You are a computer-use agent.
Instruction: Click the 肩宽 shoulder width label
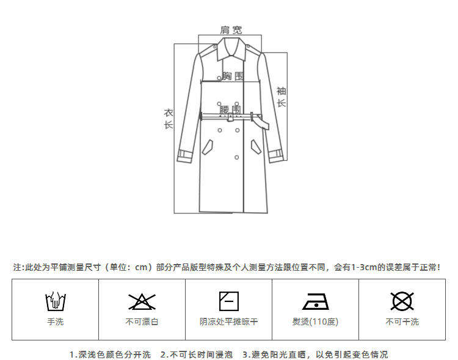point(231,29)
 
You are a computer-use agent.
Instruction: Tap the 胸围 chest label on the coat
point(233,76)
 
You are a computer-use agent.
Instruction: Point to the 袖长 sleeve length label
point(281,97)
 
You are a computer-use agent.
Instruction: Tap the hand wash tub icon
point(56,301)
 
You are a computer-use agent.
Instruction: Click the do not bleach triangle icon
point(142,301)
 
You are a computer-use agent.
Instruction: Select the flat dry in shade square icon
point(229,301)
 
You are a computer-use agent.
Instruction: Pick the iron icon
point(316,302)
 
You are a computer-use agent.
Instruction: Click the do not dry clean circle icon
point(402,301)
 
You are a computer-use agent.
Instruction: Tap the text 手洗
point(56,321)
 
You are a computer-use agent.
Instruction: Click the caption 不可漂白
point(142,321)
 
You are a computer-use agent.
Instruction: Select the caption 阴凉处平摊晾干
point(229,321)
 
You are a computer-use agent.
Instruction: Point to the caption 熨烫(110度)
point(316,321)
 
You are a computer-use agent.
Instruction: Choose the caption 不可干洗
point(402,321)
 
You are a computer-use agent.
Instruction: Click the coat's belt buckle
point(251,116)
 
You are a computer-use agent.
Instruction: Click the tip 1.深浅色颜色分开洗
point(110,354)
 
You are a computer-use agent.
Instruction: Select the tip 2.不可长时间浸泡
point(197,354)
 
